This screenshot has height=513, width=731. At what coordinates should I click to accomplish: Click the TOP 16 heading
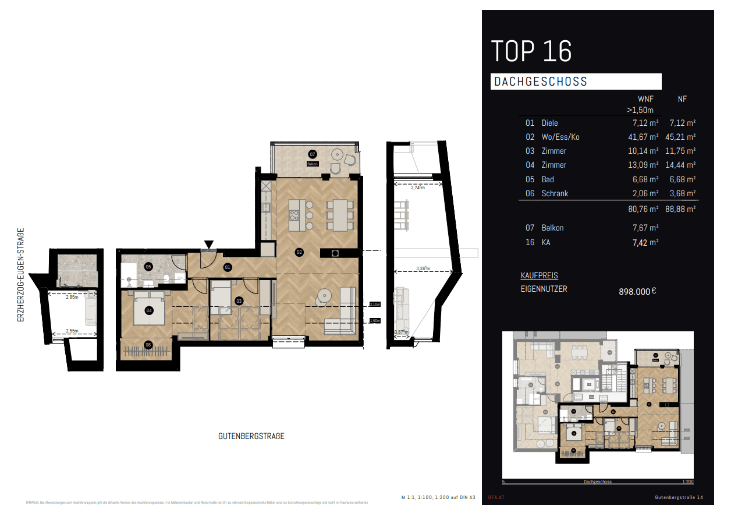(531, 51)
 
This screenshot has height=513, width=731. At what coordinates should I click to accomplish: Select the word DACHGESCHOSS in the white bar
(541, 82)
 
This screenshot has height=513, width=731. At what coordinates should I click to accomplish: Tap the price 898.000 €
(637, 292)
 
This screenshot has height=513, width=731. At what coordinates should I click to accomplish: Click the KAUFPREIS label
(539, 275)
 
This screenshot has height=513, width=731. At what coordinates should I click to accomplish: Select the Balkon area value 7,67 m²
(645, 228)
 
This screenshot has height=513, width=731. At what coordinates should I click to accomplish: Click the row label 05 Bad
(540, 179)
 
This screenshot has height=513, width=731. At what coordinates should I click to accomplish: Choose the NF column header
(682, 100)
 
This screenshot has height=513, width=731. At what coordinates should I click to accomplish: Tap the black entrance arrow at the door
(209, 245)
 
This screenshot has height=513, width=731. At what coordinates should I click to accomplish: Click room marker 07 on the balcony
(313, 154)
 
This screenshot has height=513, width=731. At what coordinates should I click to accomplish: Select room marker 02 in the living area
(299, 253)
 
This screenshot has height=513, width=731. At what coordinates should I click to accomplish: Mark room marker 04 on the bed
(149, 310)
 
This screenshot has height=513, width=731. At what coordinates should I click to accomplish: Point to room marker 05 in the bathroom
(148, 267)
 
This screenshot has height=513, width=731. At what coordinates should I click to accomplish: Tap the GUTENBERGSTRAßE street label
(251, 436)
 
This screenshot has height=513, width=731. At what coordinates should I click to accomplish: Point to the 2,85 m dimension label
(71, 297)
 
